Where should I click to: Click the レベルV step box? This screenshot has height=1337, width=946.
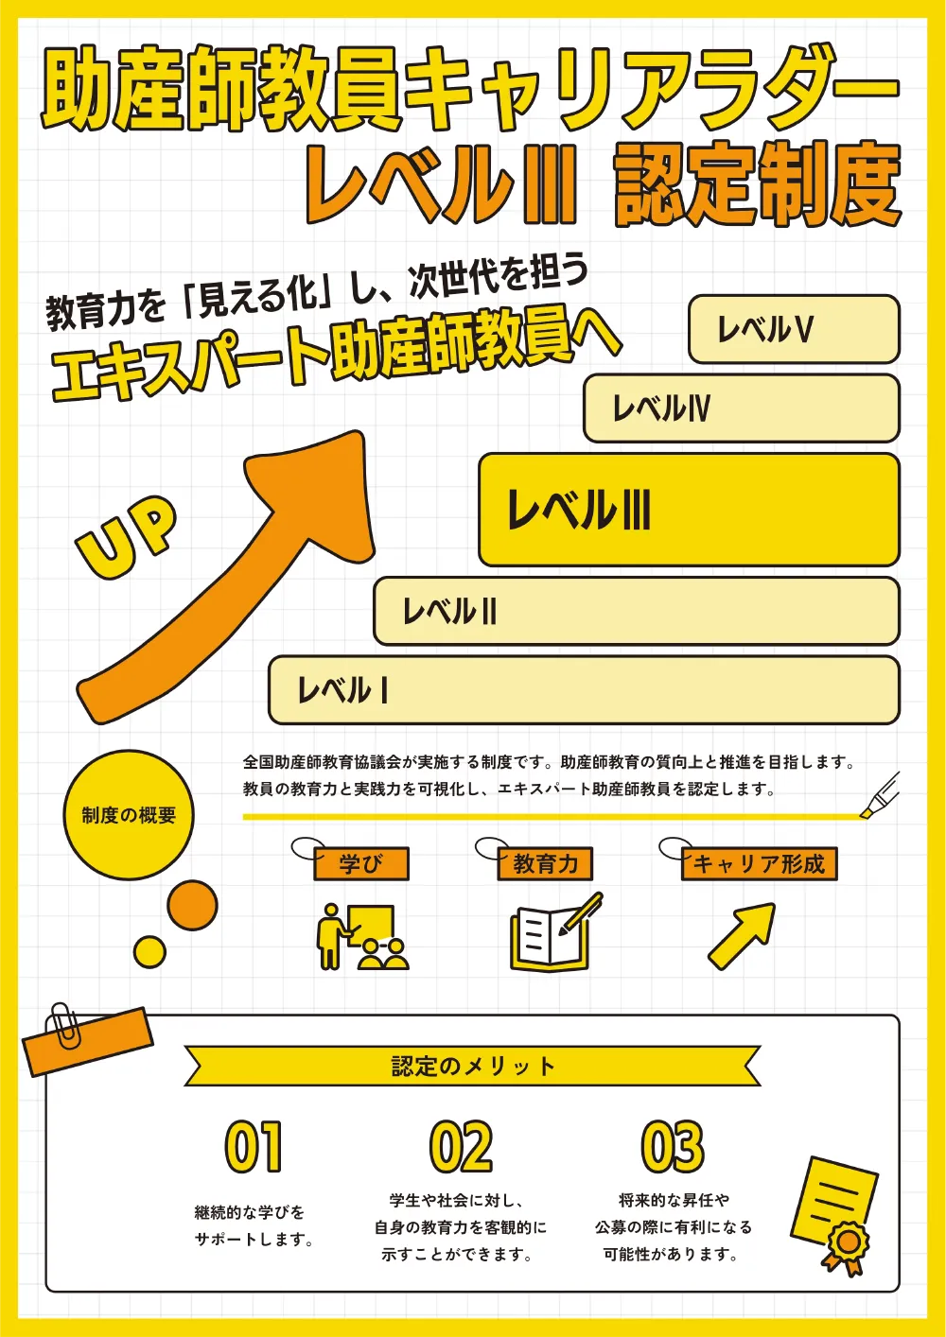pos(794,329)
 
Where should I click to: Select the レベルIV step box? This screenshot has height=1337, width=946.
pos(741,408)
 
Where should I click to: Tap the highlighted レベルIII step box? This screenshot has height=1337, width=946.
pos(689,510)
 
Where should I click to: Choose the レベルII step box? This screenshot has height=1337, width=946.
pos(636,611)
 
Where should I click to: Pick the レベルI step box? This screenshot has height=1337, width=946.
pos(584,690)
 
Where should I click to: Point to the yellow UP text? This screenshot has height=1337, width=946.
pos(127,536)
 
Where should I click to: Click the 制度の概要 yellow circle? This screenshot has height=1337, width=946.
pos(129,815)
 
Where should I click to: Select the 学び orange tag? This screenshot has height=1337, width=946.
pos(361,863)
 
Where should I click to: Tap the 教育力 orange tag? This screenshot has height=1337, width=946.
pos(545,863)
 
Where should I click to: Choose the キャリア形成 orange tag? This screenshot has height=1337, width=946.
pos(759,863)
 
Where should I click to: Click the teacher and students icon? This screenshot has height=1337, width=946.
pos(362,937)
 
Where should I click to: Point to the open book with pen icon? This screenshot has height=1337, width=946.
pos(556,932)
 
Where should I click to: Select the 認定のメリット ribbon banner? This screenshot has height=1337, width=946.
pos(472,1066)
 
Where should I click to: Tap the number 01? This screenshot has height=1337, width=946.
pos(254,1147)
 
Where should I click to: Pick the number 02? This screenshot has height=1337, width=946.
pos(461,1147)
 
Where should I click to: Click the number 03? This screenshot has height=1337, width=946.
pos(673,1147)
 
